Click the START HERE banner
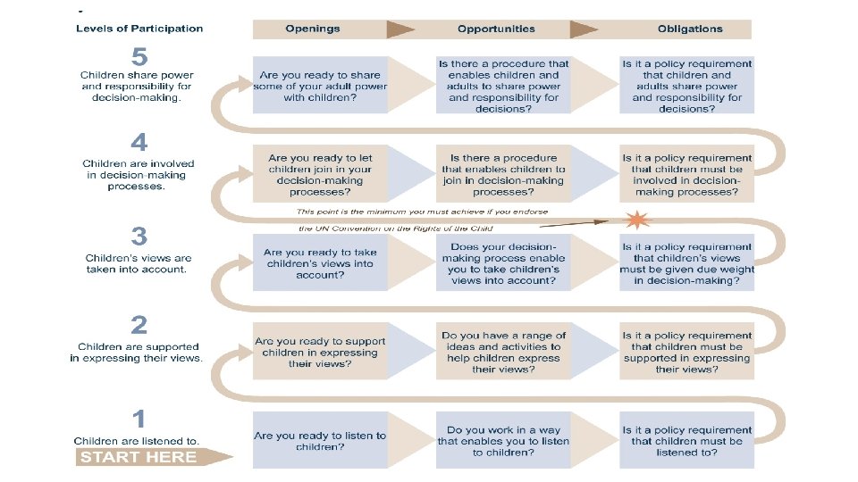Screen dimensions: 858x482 (x=139, y=457)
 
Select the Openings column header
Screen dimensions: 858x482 (x=313, y=29)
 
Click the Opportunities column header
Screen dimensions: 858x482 (x=496, y=29)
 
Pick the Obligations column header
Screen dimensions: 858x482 (x=689, y=29)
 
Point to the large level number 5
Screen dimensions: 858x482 (x=139, y=56)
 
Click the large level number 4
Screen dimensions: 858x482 (x=139, y=142)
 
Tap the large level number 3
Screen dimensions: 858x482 (x=139, y=236)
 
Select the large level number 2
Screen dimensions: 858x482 (x=139, y=325)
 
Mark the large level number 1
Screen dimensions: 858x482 (x=139, y=417)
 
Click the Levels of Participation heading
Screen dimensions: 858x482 (x=139, y=29)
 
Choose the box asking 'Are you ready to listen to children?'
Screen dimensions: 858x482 (x=320, y=441)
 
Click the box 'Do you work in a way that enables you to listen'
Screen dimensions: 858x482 (x=503, y=441)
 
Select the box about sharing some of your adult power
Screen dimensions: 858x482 (x=320, y=87)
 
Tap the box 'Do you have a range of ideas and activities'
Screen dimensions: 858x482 (x=503, y=352)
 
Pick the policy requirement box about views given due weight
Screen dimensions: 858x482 (x=687, y=263)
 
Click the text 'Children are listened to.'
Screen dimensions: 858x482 (x=137, y=441)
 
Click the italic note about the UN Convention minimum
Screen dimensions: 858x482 (x=422, y=220)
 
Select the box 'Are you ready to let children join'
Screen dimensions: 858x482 (x=320, y=175)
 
